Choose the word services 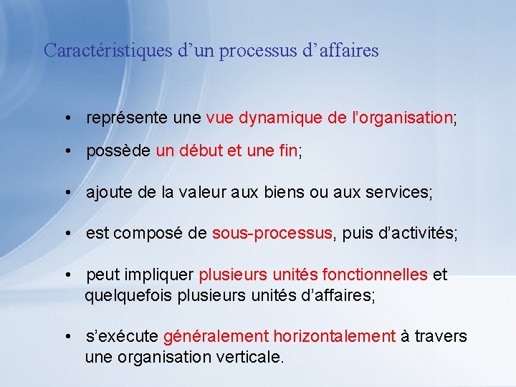point(398,192)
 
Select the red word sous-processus point(272,233)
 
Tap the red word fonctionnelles point(375,274)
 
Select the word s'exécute point(122,336)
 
